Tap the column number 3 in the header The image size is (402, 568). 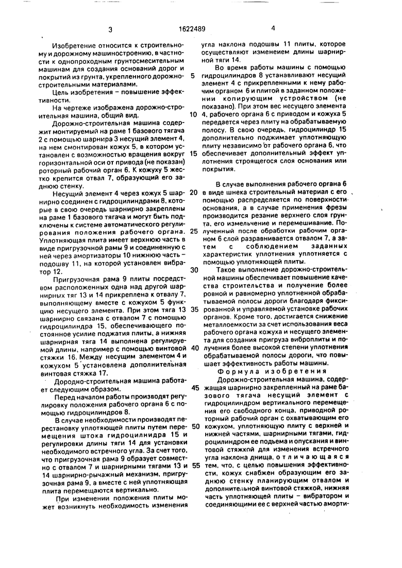[110, 30]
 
